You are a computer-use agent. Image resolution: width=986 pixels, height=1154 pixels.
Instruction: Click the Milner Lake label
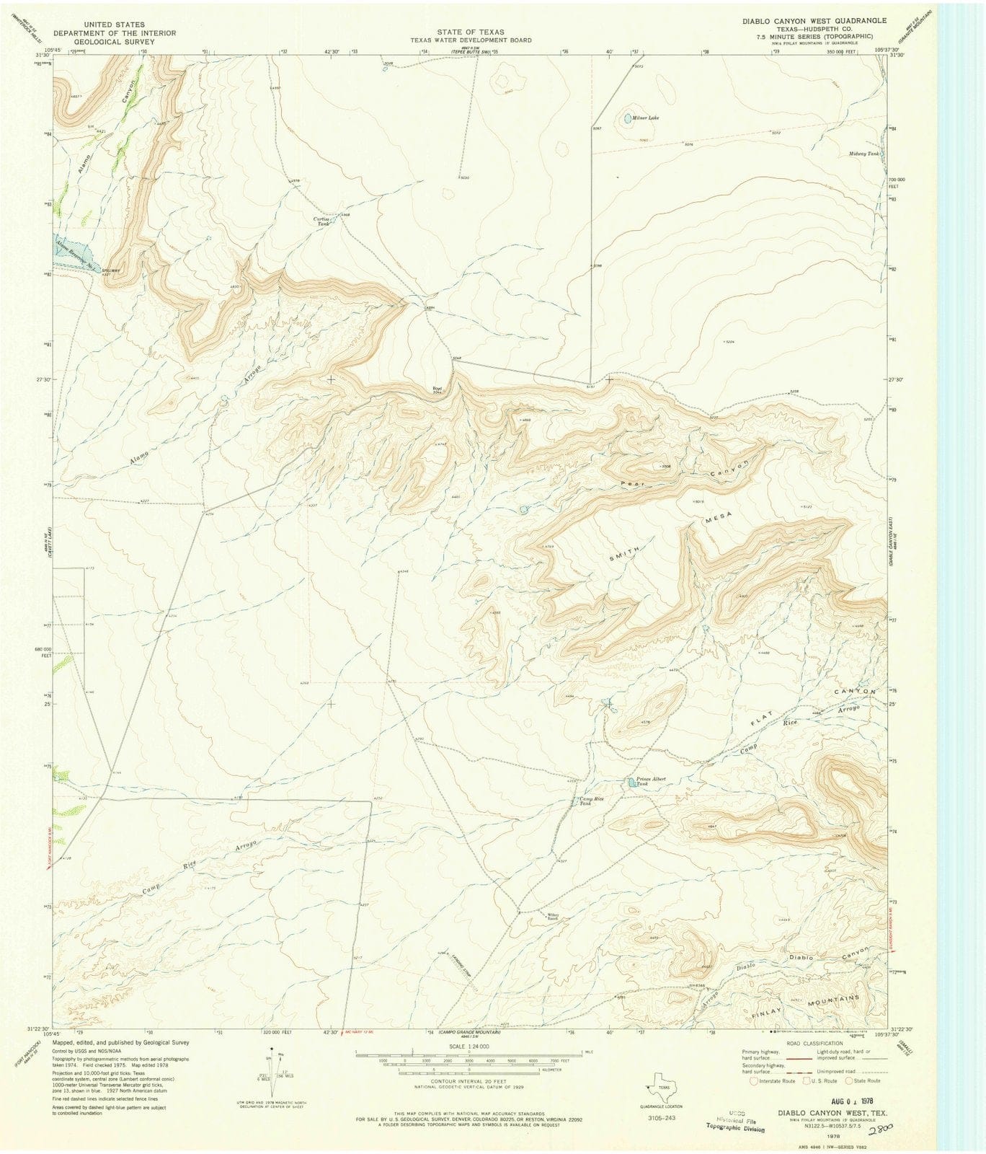[x=645, y=117]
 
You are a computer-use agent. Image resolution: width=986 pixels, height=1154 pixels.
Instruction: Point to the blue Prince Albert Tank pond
[x=631, y=782]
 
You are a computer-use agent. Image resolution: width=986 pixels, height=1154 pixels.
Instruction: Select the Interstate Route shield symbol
[x=754, y=1080]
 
